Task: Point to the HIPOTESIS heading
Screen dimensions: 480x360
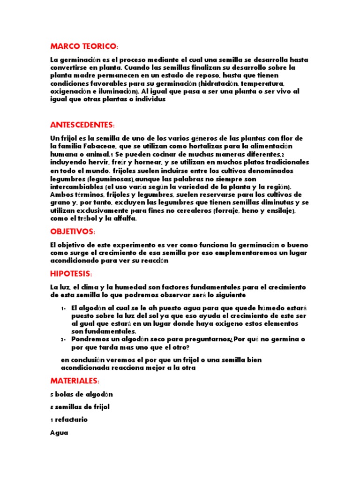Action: [71, 273]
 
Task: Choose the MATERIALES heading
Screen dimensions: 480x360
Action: [75, 381]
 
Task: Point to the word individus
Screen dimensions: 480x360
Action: [149, 99]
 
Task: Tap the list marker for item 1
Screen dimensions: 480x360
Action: [63, 308]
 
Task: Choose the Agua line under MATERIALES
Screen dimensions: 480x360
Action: [59, 433]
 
